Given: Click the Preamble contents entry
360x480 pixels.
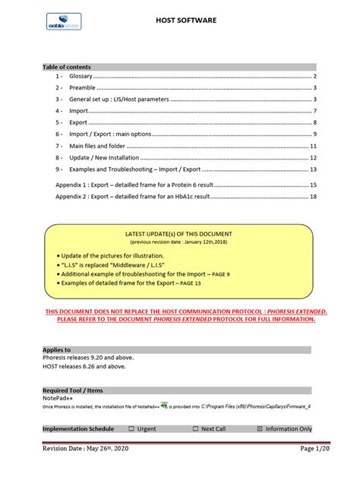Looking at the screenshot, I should (x=81, y=89).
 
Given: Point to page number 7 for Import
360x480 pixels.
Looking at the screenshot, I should (x=314, y=111).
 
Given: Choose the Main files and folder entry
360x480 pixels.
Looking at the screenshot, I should (x=97, y=145).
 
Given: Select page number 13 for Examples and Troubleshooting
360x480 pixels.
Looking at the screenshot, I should (x=313, y=169).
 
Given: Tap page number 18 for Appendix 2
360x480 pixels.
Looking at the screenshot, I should (x=313, y=197).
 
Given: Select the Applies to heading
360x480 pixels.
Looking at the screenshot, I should (x=57, y=349).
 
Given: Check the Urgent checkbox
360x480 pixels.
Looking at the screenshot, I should (x=131, y=428).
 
